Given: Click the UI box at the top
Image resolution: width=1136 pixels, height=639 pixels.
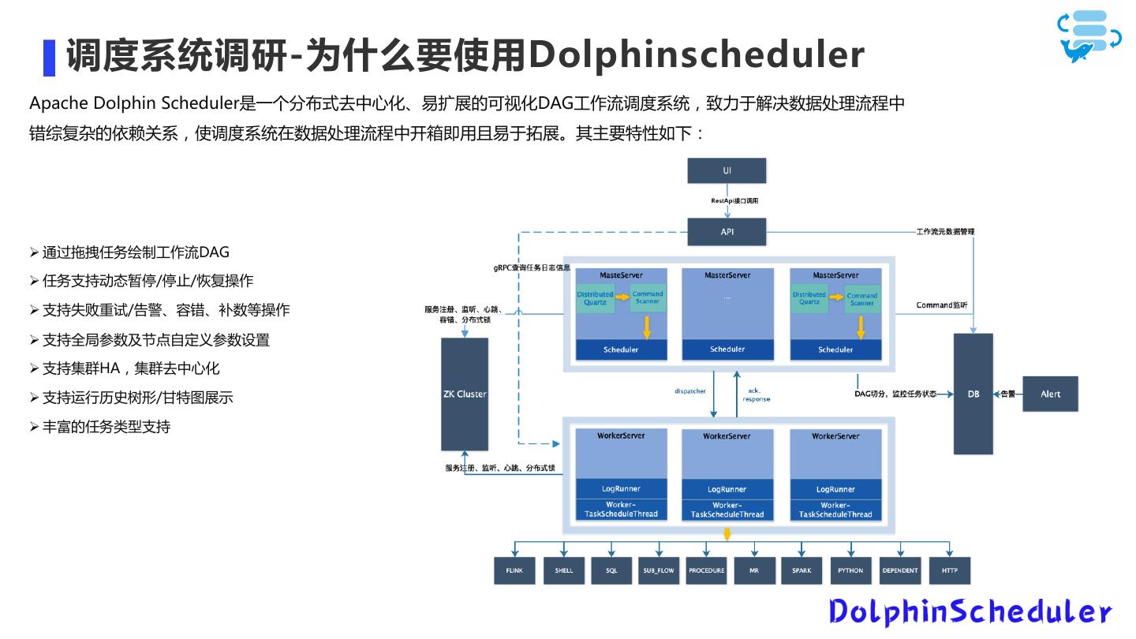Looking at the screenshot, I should click(x=727, y=170).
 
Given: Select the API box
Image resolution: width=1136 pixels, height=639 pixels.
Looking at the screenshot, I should click(x=727, y=232).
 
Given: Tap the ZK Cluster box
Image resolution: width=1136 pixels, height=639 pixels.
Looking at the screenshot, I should click(x=465, y=394).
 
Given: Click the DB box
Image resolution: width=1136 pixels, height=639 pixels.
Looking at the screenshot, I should click(x=973, y=394).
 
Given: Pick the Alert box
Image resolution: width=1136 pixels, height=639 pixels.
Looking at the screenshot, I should click(x=1050, y=394).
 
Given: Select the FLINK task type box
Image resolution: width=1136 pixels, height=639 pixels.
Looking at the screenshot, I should click(x=514, y=570).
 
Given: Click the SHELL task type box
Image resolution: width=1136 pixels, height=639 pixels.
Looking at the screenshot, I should click(x=563, y=570).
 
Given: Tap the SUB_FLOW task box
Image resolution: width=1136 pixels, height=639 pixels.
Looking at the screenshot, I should click(x=658, y=570).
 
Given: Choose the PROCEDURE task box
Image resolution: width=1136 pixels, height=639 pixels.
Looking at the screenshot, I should click(x=706, y=570).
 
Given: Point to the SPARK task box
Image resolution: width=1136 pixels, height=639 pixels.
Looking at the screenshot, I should click(x=802, y=570).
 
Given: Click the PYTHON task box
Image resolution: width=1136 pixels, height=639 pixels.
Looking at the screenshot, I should click(x=850, y=570).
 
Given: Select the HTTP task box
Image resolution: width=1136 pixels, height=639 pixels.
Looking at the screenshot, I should click(x=949, y=570).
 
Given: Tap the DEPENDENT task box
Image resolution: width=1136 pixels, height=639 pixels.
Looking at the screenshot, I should click(x=900, y=570).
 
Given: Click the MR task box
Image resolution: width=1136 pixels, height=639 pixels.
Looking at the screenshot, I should click(x=754, y=570).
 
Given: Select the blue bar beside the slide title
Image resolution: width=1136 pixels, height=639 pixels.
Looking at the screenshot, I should click(x=49, y=57).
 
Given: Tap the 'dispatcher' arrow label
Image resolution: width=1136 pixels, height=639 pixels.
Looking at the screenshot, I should click(x=690, y=391).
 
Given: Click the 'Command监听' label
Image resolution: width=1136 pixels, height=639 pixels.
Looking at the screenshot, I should click(x=941, y=305).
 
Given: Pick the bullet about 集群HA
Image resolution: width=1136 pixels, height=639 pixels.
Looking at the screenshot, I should click(x=131, y=368).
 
